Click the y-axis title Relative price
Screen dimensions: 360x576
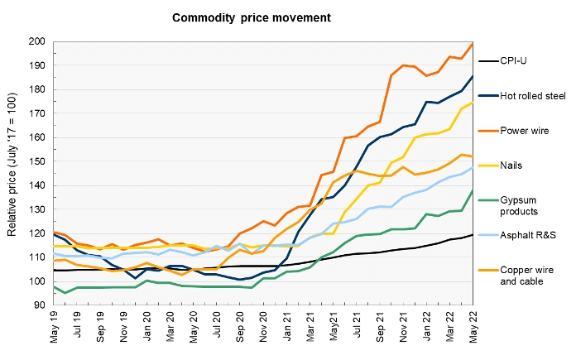click(12, 173)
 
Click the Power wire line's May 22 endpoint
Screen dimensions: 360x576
click(473, 43)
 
